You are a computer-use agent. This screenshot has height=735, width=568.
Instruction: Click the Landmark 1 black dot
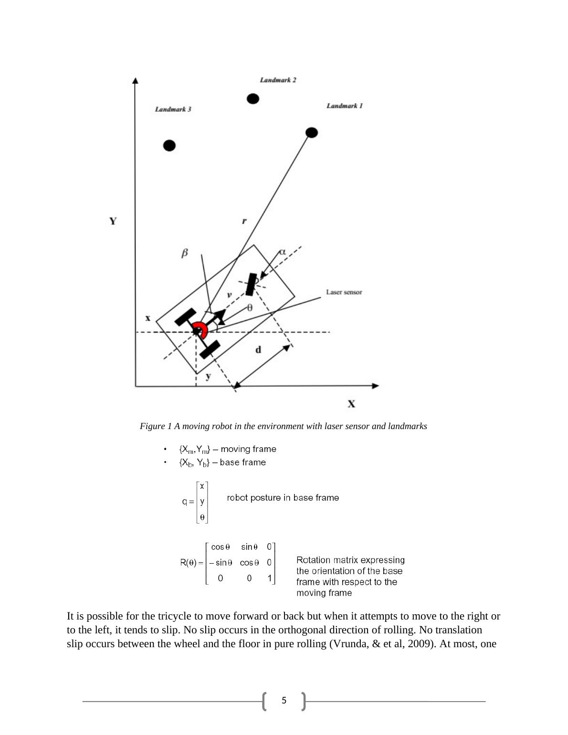coord(311,132)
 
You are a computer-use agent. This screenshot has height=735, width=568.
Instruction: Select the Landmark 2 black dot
coord(253,99)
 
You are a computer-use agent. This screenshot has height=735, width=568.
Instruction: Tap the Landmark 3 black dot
coord(169,145)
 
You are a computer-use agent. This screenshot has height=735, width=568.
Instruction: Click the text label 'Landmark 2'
coord(278,80)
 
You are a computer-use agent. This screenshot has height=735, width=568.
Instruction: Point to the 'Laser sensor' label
coord(344,292)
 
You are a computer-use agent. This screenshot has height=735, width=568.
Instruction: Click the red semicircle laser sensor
coord(200,329)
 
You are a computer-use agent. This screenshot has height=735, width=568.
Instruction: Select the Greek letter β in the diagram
coord(185,253)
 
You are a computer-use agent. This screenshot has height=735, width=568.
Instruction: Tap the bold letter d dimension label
coord(258,350)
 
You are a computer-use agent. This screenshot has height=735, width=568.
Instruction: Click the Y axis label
coord(113,221)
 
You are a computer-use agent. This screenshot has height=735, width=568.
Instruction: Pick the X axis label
coord(351,404)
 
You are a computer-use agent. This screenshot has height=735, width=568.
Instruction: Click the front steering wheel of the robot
coord(251,284)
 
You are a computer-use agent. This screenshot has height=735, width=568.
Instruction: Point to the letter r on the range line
coord(244,221)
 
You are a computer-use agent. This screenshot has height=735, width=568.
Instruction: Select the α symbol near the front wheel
coord(282,252)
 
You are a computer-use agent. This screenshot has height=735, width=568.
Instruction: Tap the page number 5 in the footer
coord(284,701)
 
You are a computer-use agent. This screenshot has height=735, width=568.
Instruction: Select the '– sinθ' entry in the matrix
coord(221,563)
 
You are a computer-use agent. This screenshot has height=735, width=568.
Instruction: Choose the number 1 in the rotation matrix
coord(270,578)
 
